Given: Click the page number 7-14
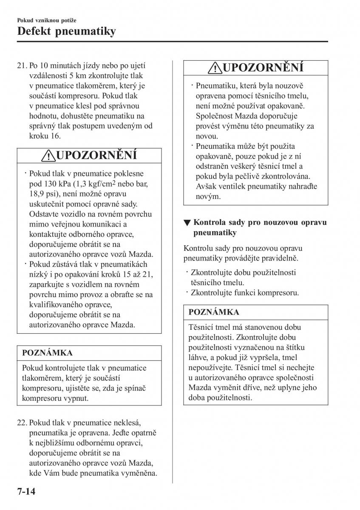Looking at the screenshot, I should tap(20, 493).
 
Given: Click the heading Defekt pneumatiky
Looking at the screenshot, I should tap(66, 31).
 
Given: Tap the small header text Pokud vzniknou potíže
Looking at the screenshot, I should tap(47, 20).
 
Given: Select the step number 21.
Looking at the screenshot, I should tap(22, 66).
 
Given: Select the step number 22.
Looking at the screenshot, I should tap(22, 423).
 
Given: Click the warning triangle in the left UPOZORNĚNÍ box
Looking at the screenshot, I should tap(49, 156).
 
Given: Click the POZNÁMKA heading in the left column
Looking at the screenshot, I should tap(47, 353).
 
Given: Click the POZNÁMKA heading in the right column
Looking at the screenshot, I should tap(214, 312).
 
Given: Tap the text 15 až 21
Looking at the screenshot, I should tap(132, 275).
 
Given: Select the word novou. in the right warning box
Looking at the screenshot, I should tap(207, 136).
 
